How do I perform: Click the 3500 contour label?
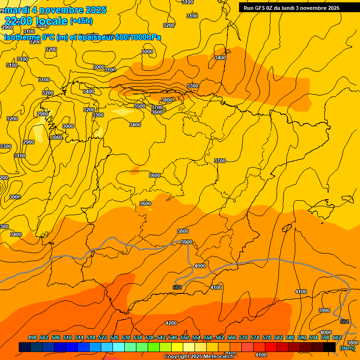tap(140, 106)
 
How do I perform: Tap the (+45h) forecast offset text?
tap(81, 21)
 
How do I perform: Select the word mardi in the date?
tap(16, 10)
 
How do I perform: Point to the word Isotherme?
tap(22, 37)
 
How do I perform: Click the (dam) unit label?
tap(347, 348)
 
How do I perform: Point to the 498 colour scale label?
tap(32, 337)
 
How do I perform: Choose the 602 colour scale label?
tap(337, 337)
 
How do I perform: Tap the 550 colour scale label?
tap(185, 337)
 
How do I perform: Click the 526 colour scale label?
tap(114, 337)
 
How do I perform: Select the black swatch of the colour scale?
tap(330, 347)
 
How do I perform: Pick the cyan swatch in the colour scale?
tap(119, 347)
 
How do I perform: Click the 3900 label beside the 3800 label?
tap(187, 242)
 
